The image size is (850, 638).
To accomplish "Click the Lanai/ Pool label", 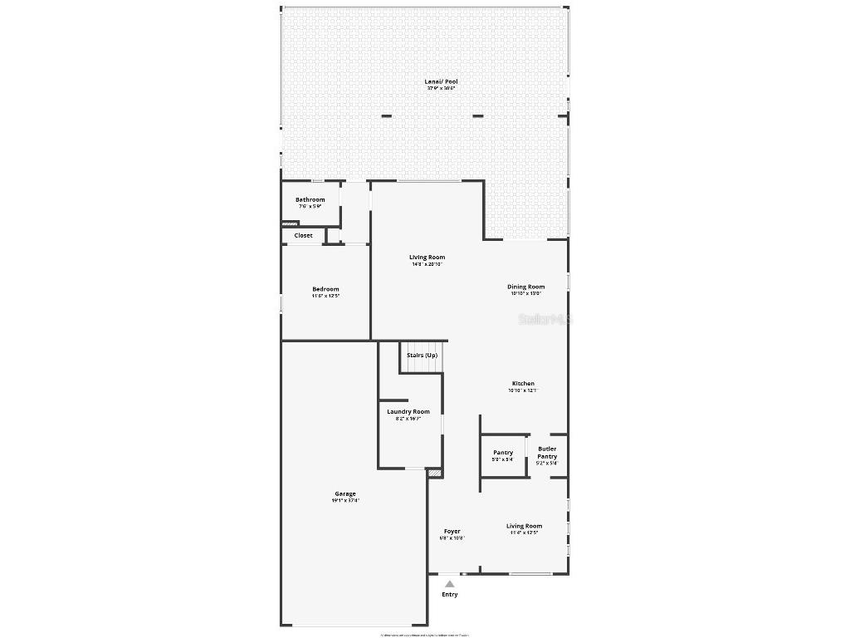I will [x=442, y=81].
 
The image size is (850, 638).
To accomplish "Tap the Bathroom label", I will [x=310, y=199].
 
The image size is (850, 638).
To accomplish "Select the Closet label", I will [x=304, y=236].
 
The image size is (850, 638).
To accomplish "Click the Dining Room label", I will [x=525, y=287].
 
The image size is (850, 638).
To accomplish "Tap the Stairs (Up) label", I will [x=422, y=356].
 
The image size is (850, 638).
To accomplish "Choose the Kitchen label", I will [x=523, y=384].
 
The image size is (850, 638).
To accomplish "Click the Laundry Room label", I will [x=408, y=412].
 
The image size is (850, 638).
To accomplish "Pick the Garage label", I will [x=345, y=493].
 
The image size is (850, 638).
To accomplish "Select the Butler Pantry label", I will [x=547, y=453].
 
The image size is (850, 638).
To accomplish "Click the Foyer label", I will [x=452, y=532].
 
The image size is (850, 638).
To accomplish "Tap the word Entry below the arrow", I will [x=449, y=595].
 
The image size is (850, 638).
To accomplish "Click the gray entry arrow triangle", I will [x=449, y=584].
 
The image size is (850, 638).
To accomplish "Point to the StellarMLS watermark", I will [x=545, y=319].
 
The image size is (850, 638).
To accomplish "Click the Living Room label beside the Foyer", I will [x=524, y=526].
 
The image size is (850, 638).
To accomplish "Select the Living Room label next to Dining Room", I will [x=427, y=258].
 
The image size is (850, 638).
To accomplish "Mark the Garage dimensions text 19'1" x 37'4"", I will [x=345, y=501].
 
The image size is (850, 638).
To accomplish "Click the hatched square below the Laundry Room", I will [x=434, y=473].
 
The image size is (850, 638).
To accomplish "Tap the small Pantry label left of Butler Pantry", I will [x=503, y=453].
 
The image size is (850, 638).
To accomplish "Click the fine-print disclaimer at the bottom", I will [x=424, y=635].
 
